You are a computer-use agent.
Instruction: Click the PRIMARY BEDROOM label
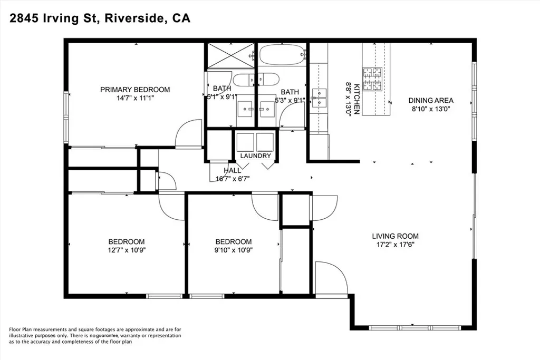(x=135, y=90)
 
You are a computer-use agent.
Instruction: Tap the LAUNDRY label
(x=256, y=155)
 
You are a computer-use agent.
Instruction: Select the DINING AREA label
(x=431, y=101)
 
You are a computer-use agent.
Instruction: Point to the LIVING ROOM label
(x=396, y=236)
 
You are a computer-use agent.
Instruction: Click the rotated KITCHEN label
(x=357, y=99)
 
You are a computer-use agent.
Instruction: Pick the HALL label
(x=233, y=170)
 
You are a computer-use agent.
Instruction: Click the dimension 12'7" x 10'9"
(x=127, y=250)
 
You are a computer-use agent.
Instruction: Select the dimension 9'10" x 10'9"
(x=234, y=250)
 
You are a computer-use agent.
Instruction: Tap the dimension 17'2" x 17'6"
(x=395, y=245)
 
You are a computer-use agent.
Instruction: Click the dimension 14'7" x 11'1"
(x=135, y=98)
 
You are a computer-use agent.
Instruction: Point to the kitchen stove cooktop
(x=372, y=79)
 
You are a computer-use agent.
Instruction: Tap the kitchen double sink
(x=319, y=98)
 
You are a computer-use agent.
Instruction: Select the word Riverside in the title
(x=134, y=18)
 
